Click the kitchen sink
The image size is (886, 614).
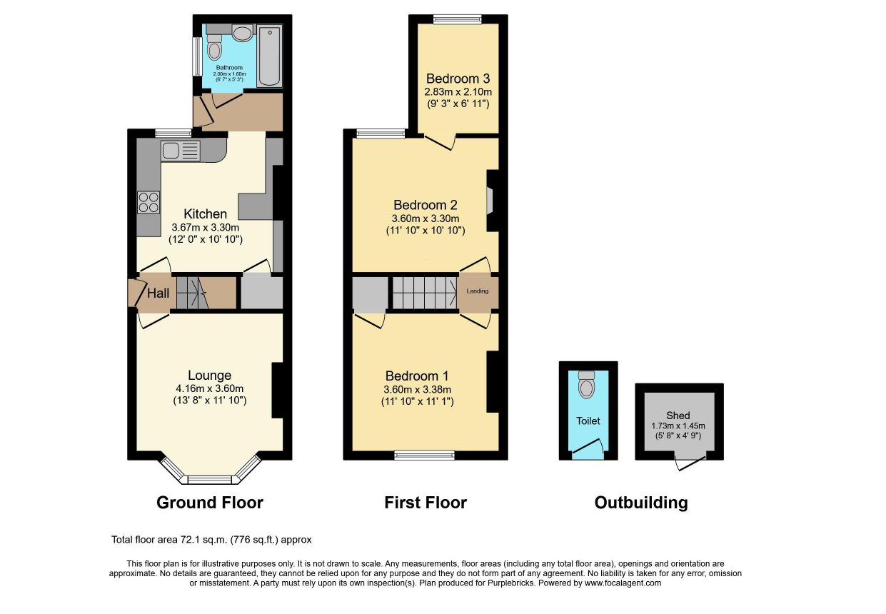181,151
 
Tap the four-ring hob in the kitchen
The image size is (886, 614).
148,203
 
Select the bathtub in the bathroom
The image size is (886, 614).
269,56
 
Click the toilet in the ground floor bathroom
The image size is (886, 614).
214,47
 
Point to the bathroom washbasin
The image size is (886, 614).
243,33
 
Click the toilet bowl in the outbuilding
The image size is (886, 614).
586,384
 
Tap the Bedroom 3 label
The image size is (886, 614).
458,79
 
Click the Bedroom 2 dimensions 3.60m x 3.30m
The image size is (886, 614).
426,218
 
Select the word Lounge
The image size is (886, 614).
210,375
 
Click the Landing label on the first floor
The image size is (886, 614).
478,291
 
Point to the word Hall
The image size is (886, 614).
158,293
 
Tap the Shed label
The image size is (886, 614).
678,416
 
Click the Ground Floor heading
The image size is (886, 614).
210,503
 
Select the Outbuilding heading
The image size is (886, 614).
641,503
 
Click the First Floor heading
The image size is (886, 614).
426,503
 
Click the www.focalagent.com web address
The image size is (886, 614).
623,583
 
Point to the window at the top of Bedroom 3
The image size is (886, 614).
457,19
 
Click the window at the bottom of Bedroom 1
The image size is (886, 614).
424,456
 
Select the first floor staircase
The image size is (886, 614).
425,293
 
